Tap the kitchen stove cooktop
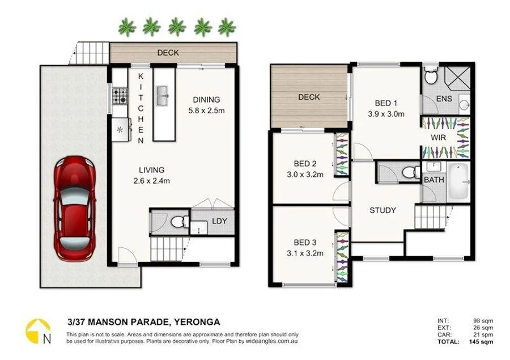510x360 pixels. [x=120, y=95]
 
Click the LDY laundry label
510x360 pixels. [x=219, y=221]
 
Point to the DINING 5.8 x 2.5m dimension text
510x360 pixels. [x=206, y=111]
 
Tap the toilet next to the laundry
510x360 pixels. [x=178, y=221]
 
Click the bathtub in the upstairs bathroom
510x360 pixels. [x=458, y=181]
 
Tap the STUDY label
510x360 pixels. [x=382, y=210]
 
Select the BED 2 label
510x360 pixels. [x=305, y=164]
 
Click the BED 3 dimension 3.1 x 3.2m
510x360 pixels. [x=305, y=253]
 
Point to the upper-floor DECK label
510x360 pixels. [x=309, y=97]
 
